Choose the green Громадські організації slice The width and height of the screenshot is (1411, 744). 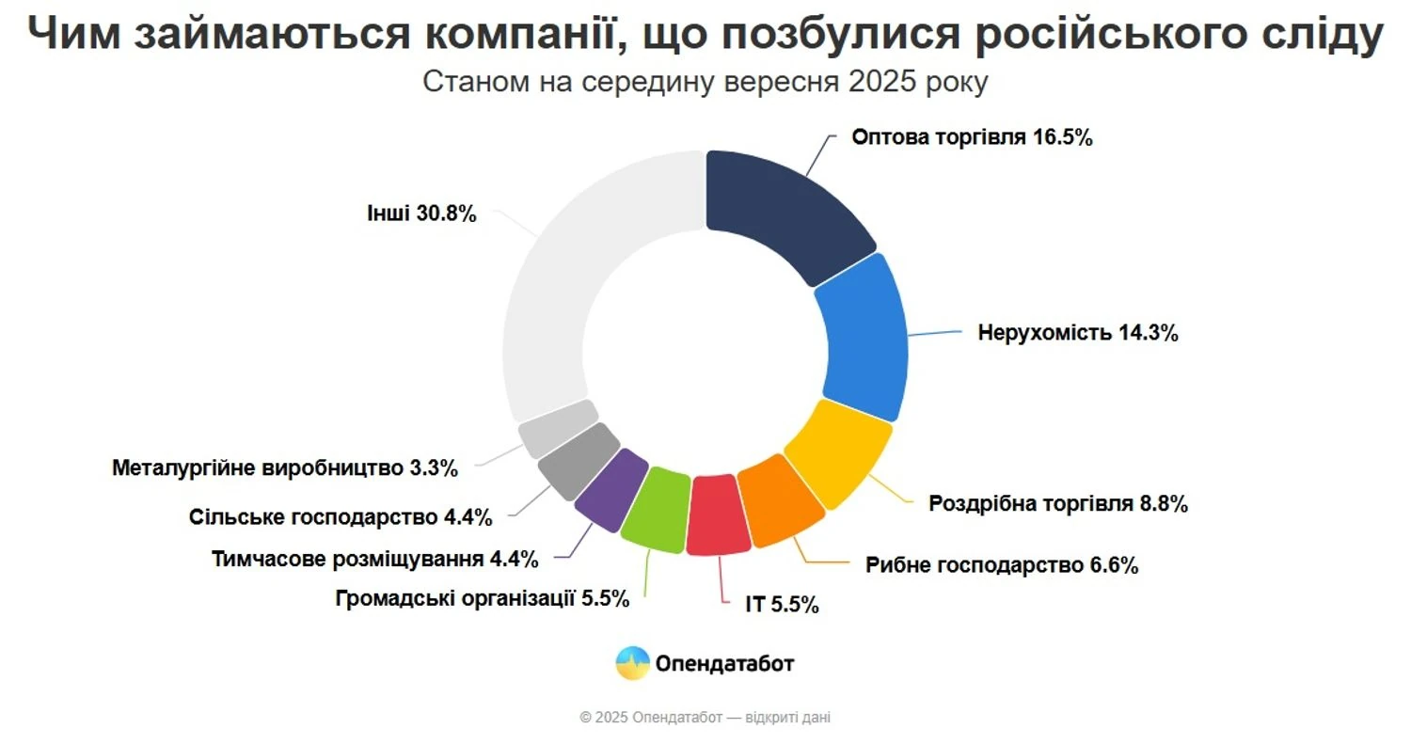pyautogui.click(x=656, y=508)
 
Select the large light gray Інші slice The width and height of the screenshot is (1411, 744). pyautogui.click(x=564, y=282)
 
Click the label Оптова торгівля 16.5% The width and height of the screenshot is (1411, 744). pyautogui.click(x=972, y=137)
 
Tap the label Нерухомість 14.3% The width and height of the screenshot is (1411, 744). pyautogui.click(x=1078, y=333)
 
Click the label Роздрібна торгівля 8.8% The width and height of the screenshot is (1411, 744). pyautogui.click(x=1058, y=503)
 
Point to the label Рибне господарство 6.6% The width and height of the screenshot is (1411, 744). pyautogui.click(x=1003, y=565)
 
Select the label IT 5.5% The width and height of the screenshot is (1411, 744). pyautogui.click(x=782, y=605)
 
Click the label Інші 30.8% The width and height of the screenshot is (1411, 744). pyautogui.click(x=421, y=214)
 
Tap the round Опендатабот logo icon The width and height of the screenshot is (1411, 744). pyautogui.click(x=632, y=663)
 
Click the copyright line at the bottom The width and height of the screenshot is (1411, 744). pyautogui.click(x=705, y=718)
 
